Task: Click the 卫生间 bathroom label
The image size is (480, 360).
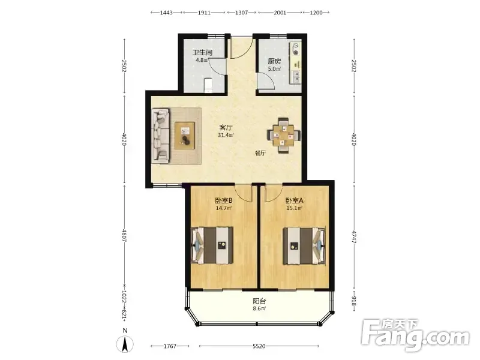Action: point(202,52)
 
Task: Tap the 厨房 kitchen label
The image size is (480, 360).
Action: point(274,61)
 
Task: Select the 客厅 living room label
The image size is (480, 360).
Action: point(226,127)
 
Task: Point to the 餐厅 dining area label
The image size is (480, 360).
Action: point(260,153)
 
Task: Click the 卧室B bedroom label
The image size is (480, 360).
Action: point(223,200)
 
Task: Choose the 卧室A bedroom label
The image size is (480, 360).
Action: point(294,200)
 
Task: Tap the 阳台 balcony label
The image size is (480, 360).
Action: point(259,301)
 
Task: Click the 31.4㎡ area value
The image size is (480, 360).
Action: point(226,135)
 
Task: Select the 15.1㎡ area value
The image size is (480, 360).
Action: point(294,208)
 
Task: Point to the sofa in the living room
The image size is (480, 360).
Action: point(160,136)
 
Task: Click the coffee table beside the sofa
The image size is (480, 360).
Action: point(185,136)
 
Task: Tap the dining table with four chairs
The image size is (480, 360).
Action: point(284,135)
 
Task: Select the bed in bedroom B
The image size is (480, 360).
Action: point(212,245)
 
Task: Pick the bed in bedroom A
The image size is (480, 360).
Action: point(304,245)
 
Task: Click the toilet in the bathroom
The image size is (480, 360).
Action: point(208,85)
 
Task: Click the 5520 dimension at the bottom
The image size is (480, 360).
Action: point(259,346)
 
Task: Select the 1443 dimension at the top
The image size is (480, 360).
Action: point(167,13)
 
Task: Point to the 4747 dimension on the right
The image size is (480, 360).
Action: point(353,237)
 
